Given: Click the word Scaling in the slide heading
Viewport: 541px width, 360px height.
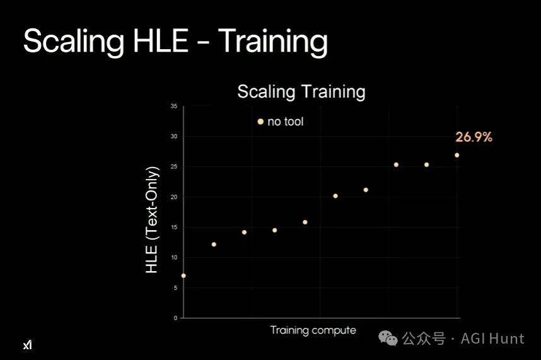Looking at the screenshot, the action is pos(74,42).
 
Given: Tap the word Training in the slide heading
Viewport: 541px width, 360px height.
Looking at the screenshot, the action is pos(272,42).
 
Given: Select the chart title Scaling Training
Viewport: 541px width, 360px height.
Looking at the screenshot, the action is pos(301,91).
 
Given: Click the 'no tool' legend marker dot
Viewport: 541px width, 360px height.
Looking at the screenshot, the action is pos(260,122).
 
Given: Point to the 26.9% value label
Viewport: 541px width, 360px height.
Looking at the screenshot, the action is pos(474,137).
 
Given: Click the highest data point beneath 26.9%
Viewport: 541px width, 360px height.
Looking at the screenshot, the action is pos(457,155).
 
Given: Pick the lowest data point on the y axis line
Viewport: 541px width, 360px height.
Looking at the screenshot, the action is pos(183,276).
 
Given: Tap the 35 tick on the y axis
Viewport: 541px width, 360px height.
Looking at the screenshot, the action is pos(174,106).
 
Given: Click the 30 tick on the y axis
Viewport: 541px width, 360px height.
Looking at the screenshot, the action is pos(174,137).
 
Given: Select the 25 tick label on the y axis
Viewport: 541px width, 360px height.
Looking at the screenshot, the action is pos(174,166).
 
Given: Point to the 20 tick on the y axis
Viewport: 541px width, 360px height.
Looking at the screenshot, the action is pos(174,197).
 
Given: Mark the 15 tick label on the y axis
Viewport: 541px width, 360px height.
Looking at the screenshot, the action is pos(174,227).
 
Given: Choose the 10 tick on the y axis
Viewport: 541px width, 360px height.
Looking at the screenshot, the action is pos(174,258).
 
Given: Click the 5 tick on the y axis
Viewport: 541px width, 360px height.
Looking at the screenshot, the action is pos(176,287).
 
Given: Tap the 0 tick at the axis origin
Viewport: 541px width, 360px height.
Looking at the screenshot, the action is pos(176,318).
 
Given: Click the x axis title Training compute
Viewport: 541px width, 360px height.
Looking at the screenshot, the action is pos(313,330).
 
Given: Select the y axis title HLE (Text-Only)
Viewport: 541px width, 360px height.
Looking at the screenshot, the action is pos(152,219).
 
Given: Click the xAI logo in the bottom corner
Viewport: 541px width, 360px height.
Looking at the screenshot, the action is pos(28,344).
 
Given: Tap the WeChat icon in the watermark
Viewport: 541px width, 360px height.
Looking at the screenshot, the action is pos(388,338).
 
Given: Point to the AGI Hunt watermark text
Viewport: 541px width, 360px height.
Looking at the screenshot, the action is pos(492,339).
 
